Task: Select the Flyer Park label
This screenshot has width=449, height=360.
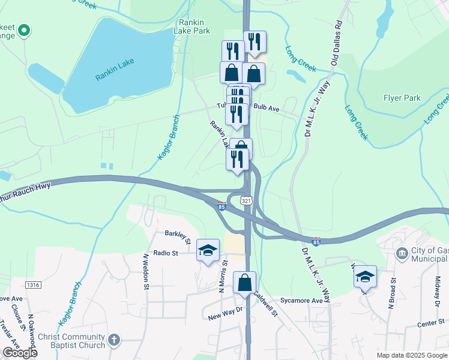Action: (402, 98)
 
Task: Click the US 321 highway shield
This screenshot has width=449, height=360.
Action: (246, 200)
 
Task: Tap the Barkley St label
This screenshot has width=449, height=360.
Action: (178, 236)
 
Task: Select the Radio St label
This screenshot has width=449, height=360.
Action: (166, 253)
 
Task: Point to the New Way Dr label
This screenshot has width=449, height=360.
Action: (224, 313)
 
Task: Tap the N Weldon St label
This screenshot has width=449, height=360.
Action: (145, 271)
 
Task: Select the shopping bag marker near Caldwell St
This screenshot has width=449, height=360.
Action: (245, 283)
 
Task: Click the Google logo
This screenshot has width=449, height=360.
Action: (20, 353)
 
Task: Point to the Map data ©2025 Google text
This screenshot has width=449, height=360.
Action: (412, 355)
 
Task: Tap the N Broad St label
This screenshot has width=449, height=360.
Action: (392, 293)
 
